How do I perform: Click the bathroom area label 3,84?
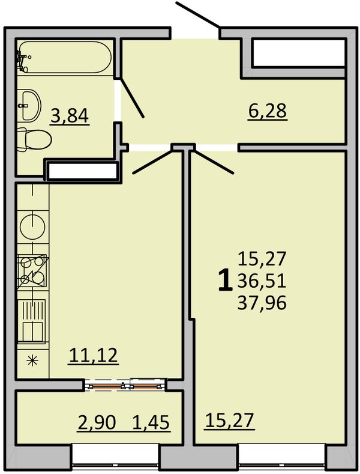[x=70, y=116]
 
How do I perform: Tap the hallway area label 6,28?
[x=267, y=111]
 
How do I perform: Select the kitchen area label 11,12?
[x=94, y=355]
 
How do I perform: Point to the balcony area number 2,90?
[x=97, y=422]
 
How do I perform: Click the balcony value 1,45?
[x=151, y=422]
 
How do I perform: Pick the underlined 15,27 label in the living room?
[x=229, y=421]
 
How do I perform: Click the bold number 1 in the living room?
[x=225, y=281]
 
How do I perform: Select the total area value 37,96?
[x=262, y=303]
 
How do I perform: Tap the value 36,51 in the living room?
[x=262, y=281]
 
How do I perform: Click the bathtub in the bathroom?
[x=65, y=57]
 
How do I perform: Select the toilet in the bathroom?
[x=34, y=139]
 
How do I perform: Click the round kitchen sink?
[x=32, y=226]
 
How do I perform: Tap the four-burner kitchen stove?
[x=32, y=271]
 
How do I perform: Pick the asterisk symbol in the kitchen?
[x=32, y=360]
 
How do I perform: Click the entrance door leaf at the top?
[x=197, y=15]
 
